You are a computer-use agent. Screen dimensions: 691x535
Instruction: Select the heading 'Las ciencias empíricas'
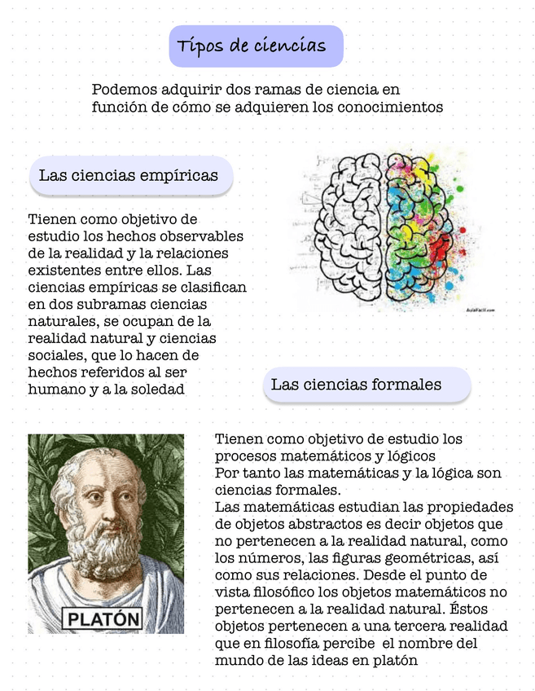129,175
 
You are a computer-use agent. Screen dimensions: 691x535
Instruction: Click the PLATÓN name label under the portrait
103,618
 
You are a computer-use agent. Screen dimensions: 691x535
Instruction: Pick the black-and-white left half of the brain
349,228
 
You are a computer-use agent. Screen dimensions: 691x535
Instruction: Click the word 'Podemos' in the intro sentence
125,90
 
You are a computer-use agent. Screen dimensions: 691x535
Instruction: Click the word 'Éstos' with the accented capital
493,609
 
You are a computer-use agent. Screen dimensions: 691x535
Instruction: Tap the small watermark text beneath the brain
480,310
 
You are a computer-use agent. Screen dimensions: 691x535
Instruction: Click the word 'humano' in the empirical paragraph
55,389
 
